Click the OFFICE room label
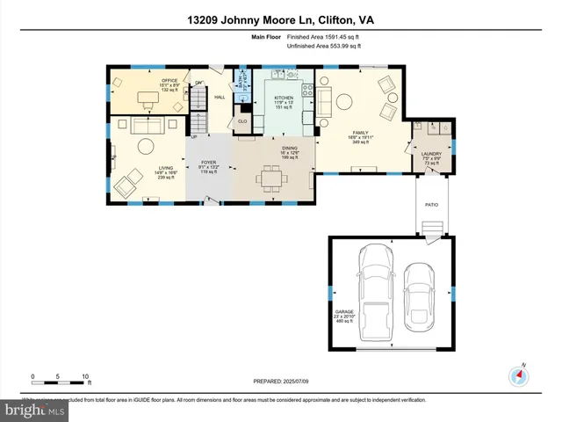169,80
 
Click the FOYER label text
209,162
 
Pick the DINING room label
289,148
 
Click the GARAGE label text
344,311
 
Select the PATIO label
432,205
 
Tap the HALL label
220,98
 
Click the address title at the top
281,19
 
